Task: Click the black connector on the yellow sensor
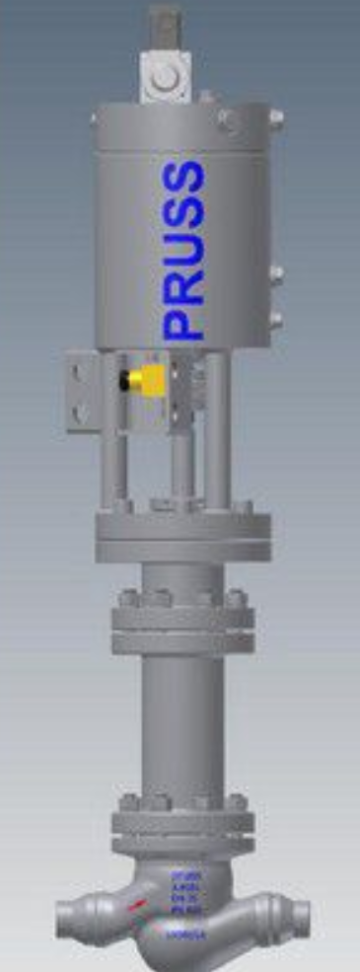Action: (x=122, y=379)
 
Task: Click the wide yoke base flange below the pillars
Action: (x=182, y=538)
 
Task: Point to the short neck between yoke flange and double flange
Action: (x=182, y=577)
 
